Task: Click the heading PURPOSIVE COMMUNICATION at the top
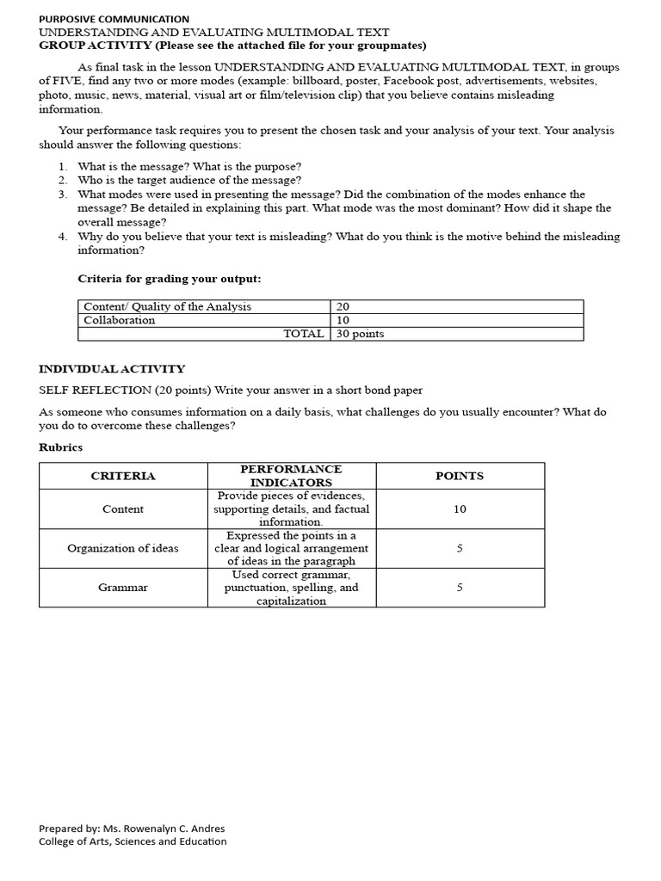pos(114,18)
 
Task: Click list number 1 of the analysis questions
pos(63,166)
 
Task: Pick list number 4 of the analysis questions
pos(63,237)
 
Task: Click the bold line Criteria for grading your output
pos(170,279)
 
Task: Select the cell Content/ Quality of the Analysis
pos(168,306)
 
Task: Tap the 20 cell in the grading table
pos(343,306)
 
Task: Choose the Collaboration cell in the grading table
pos(120,320)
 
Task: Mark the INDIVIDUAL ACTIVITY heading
pos(112,369)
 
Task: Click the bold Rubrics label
pos(61,447)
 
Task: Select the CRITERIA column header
pos(123,476)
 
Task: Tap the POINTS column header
pos(460,476)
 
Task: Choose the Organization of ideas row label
pos(123,548)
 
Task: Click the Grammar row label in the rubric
pos(123,588)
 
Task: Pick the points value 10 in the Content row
pos(460,509)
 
